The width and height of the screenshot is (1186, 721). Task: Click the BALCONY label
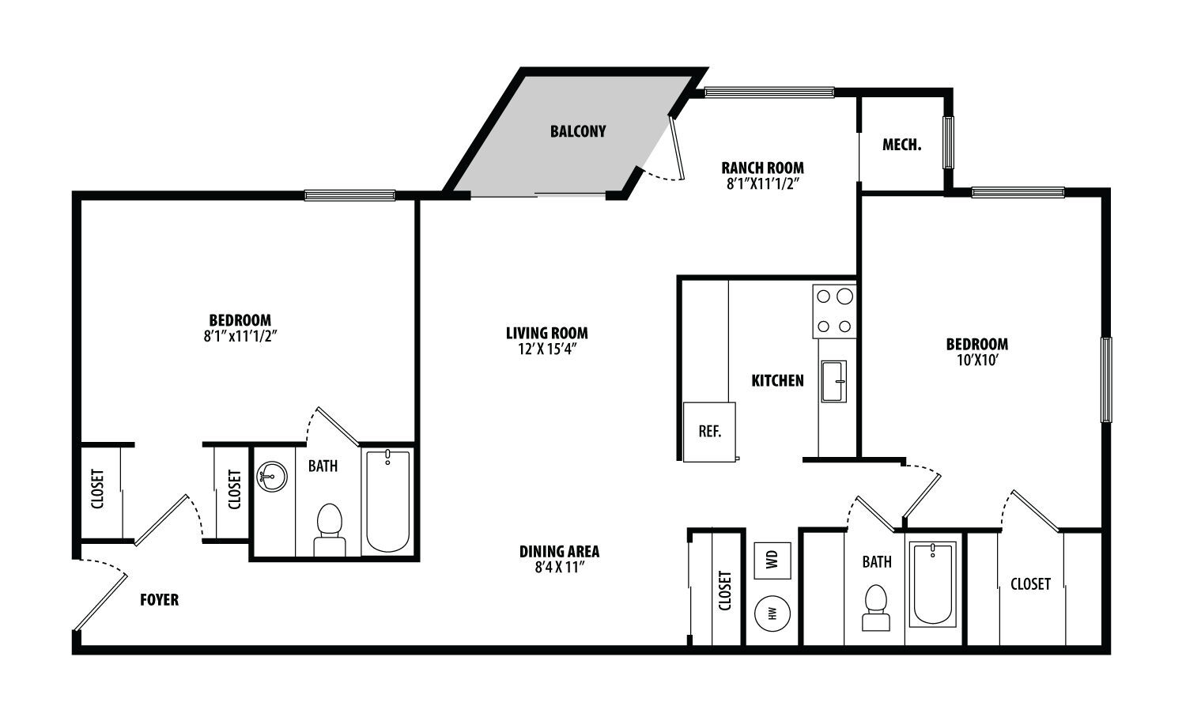point(578,131)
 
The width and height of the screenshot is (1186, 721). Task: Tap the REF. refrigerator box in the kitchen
point(709,432)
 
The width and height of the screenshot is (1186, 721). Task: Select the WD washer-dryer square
point(772,561)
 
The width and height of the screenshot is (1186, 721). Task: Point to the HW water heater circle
point(772,613)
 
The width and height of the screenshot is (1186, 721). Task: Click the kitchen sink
point(833,381)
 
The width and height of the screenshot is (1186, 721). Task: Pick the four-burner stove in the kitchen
point(834,311)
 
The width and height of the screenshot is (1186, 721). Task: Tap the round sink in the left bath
point(272,477)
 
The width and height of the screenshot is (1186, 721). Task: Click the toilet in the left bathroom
point(330,530)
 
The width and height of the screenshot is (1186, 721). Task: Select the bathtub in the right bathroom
point(933,584)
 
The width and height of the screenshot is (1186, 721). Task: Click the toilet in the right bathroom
point(876,608)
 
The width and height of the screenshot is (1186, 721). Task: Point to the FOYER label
point(160,600)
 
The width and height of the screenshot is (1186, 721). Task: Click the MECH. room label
point(901,145)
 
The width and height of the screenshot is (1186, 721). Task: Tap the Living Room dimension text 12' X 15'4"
point(547,349)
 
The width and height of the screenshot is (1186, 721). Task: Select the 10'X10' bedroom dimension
point(977,360)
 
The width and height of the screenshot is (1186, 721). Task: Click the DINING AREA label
point(559,552)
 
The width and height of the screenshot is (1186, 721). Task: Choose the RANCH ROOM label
point(762,168)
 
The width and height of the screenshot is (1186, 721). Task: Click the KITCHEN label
point(777,380)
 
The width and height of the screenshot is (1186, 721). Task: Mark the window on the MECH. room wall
point(948,142)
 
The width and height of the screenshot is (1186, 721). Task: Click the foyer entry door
point(100,603)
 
